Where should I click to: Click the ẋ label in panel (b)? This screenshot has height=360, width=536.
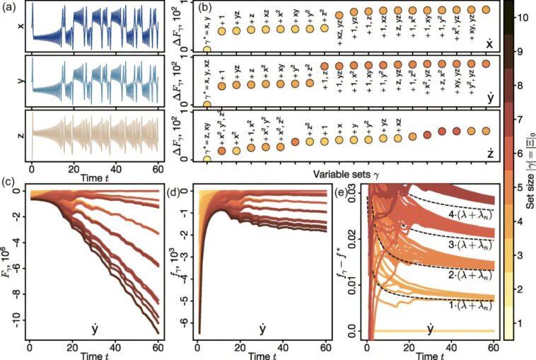coord(488,42)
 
